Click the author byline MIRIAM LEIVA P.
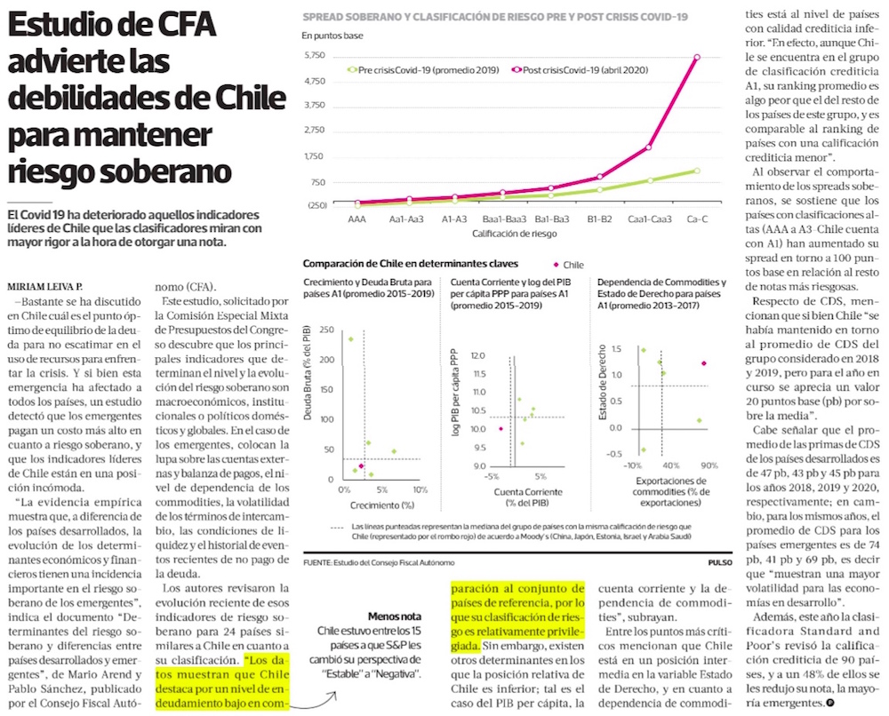(44, 287)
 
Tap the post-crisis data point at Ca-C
(697, 57)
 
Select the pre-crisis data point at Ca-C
(697, 171)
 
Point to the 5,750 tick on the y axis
(315, 55)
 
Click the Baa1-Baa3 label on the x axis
(504, 219)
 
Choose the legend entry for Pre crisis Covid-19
(423, 70)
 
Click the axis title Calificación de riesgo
(514, 234)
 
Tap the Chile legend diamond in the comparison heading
(556, 265)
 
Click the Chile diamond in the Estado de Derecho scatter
(703, 363)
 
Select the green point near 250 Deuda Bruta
(350, 339)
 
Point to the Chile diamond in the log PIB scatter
(501, 429)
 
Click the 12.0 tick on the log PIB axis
(478, 355)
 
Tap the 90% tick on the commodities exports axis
(709, 465)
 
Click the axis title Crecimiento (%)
(382, 505)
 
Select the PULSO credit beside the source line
(720, 562)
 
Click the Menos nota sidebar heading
(395, 617)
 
